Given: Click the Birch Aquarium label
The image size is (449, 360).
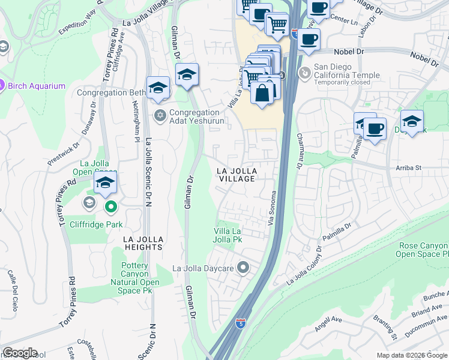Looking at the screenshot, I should pyautogui.click(x=36, y=86).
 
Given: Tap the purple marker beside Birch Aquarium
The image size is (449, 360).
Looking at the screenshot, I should pyautogui.click(x=2, y=85).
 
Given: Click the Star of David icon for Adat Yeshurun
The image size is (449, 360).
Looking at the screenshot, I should pyautogui.click(x=160, y=115).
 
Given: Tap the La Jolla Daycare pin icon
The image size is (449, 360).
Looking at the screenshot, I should pyautogui.click(x=243, y=267).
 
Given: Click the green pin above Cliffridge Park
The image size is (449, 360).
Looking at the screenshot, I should pyautogui.click(x=111, y=208).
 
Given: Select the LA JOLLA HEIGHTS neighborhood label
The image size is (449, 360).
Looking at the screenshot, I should pyautogui.click(x=143, y=242).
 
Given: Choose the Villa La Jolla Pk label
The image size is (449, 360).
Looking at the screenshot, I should pyautogui.click(x=229, y=235).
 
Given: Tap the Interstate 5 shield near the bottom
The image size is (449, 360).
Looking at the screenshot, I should pyautogui.click(x=240, y=324).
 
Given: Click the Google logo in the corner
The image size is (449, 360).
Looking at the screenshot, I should pyautogui.click(x=20, y=353).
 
